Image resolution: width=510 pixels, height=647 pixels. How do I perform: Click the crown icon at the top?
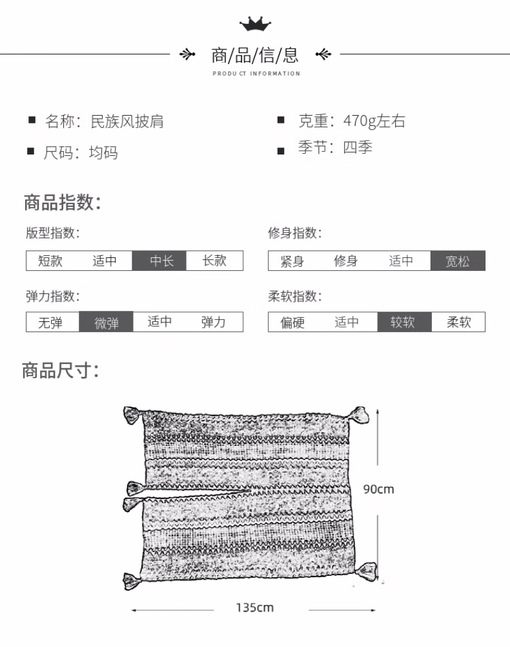click(x=255, y=25)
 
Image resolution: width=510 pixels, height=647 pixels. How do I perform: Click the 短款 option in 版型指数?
click(x=50, y=261)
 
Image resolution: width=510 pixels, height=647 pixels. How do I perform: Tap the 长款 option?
click(x=214, y=261)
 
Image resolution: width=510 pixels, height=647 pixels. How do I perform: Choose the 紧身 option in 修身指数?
click(x=292, y=261)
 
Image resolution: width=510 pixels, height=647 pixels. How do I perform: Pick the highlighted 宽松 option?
click(x=458, y=261)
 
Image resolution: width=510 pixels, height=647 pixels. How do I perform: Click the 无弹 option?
click(x=50, y=322)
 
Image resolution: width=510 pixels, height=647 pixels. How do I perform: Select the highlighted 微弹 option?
click(x=107, y=322)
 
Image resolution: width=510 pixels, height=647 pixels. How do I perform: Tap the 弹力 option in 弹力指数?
click(x=214, y=322)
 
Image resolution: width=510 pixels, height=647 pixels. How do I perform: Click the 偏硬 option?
click(x=292, y=322)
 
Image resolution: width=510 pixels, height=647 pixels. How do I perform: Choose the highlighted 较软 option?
click(x=403, y=322)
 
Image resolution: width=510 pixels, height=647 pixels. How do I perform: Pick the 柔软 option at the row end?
click(x=458, y=322)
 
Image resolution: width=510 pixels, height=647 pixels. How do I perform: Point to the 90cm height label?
click(x=378, y=489)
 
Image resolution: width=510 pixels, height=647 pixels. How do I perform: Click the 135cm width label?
click(x=254, y=608)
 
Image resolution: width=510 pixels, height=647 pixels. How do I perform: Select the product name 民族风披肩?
click(x=128, y=121)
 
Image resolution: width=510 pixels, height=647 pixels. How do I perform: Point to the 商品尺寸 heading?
click(x=61, y=371)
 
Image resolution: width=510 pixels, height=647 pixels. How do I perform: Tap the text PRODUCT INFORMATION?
click(x=256, y=74)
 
